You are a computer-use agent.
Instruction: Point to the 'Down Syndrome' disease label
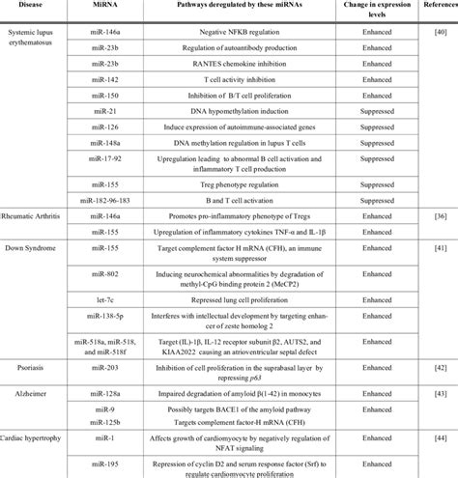tap(32, 249)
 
